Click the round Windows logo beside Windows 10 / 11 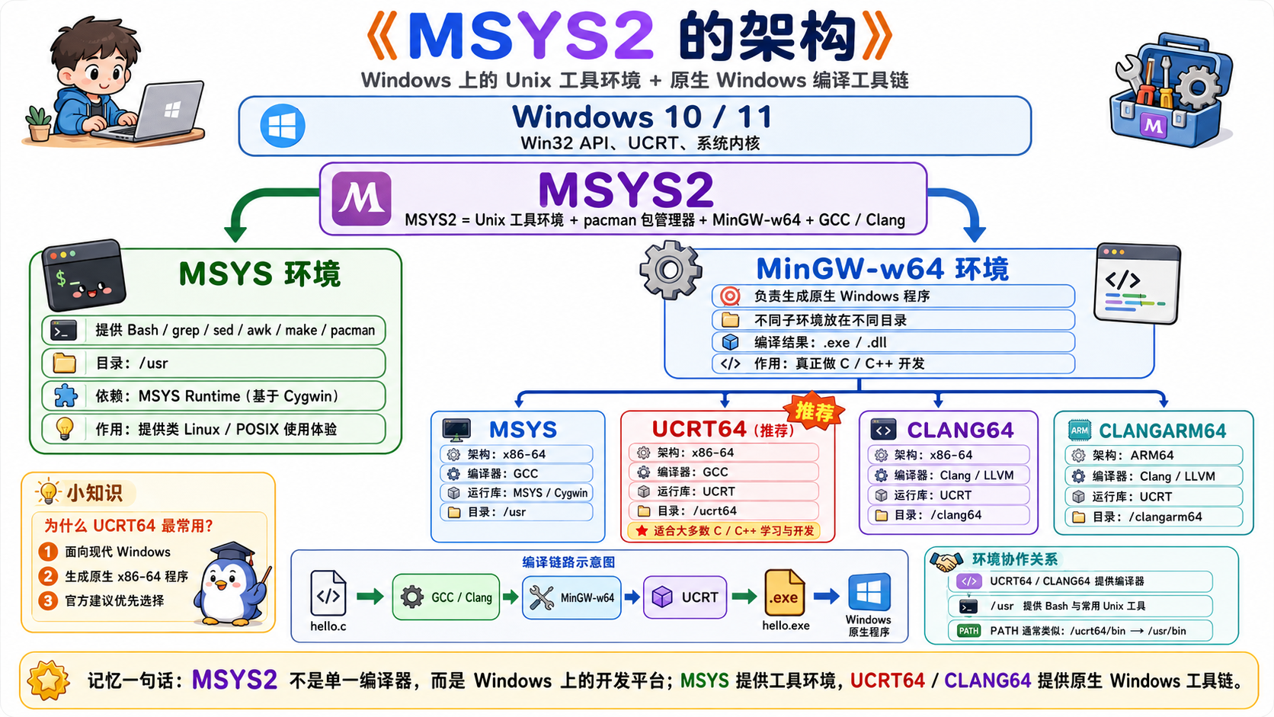pos(283,126)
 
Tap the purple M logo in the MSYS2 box pos(361,198)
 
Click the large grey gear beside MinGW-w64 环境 pos(670,270)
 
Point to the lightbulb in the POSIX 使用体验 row pos(65,428)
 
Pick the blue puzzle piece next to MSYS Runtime pos(66,395)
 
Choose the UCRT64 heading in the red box pos(699,429)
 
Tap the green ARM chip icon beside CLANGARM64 pos(1079,431)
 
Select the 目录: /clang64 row pos(949,515)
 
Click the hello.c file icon pos(328,593)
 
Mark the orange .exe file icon pos(784,593)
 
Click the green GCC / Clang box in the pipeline pos(446,597)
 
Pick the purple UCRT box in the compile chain pos(685,597)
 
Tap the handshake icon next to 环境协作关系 pos(946,562)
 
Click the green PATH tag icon pos(968,631)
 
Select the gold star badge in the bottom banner pos(48,680)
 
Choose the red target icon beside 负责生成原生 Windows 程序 pos(730,296)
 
